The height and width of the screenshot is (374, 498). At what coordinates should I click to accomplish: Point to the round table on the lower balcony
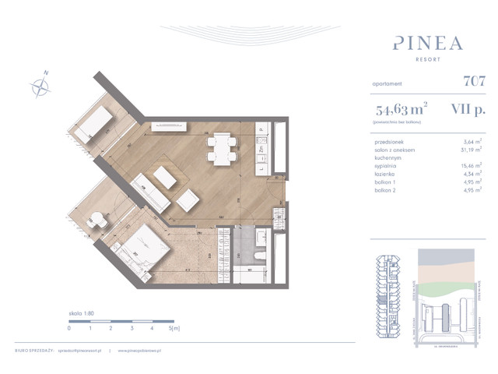tap(96, 221)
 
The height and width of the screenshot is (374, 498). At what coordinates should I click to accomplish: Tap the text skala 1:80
tap(81, 312)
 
